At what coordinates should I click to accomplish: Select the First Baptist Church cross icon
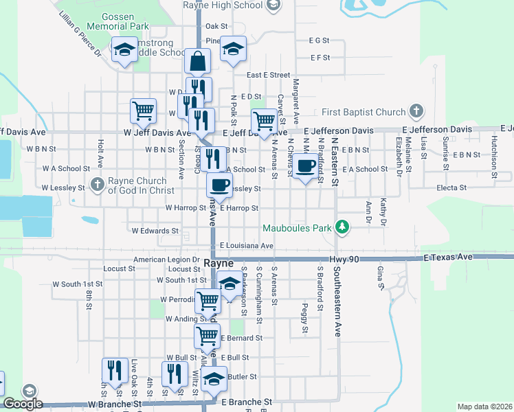pyautogui.click(x=415, y=111)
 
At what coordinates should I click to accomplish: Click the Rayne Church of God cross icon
pyautogui.click(x=97, y=185)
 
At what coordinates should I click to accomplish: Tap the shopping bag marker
pyautogui.click(x=197, y=61)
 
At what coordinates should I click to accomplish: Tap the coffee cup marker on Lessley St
pyautogui.click(x=220, y=185)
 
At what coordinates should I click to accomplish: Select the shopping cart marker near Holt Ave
pyautogui.click(x=143, y=110)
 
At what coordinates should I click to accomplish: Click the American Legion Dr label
pyautogui.click(x=166, y=260)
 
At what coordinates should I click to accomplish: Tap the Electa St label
pyautogui.click(x=454, y=187)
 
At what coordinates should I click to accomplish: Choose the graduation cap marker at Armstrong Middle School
pyautogui.click(x=124, y=50)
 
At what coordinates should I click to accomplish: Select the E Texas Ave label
pyautogui.click(x=449, y=257)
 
